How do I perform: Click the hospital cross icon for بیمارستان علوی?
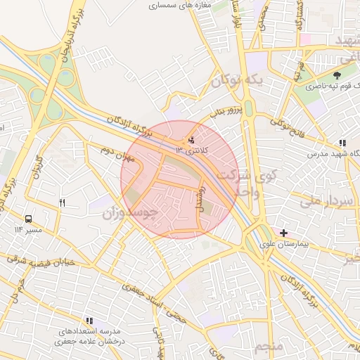283,233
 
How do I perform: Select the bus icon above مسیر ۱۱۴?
29,219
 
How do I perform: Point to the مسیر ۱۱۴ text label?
28,230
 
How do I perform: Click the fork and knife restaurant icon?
63,203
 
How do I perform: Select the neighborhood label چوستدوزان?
129,212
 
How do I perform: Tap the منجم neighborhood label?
268,347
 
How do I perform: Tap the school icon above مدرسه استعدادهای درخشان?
89,320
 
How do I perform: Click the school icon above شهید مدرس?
342,143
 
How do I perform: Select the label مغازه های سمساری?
175,5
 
